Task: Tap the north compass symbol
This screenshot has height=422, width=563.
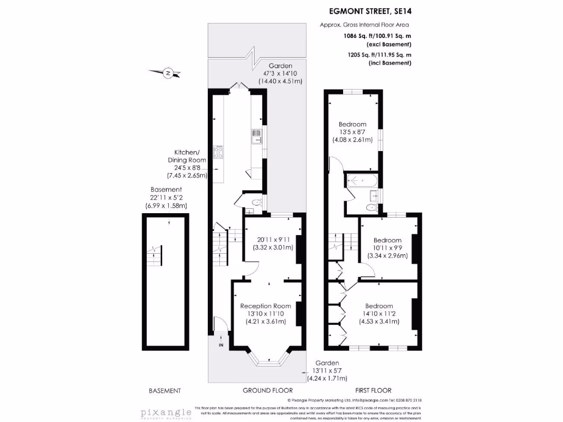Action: [169, 72]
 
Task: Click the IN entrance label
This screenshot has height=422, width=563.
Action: [221, 345]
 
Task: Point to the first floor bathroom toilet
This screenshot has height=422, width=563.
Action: [372, 207]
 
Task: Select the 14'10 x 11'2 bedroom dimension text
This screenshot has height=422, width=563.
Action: [379, 314]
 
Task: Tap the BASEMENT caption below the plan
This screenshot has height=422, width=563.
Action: [165, 391]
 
